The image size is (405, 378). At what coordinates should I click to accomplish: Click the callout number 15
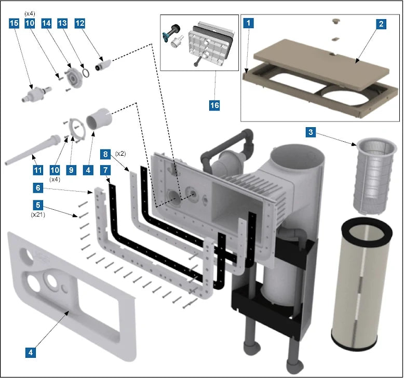tap(14, 23)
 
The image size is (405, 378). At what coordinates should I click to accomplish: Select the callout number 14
tap(46, 23)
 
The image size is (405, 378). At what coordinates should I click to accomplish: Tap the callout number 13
tap(63, 23)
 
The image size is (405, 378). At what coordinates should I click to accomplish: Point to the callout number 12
tap(79, 23)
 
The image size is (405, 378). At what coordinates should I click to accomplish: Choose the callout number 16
tap(214, 105)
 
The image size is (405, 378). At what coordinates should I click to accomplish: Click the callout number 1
tap(250, 23)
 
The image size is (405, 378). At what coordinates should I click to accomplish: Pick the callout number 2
tap(381, 23)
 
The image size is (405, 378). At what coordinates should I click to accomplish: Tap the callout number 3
tap(310, 132)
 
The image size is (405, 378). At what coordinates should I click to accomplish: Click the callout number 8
tap(105, 154)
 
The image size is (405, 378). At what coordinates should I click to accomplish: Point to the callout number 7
tap(105, 170)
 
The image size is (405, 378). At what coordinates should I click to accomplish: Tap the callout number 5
tap(38, 205)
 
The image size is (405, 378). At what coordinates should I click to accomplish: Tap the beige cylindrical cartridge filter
tap(362, 291)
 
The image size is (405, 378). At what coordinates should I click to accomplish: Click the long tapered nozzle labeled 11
tap(31, 151)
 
